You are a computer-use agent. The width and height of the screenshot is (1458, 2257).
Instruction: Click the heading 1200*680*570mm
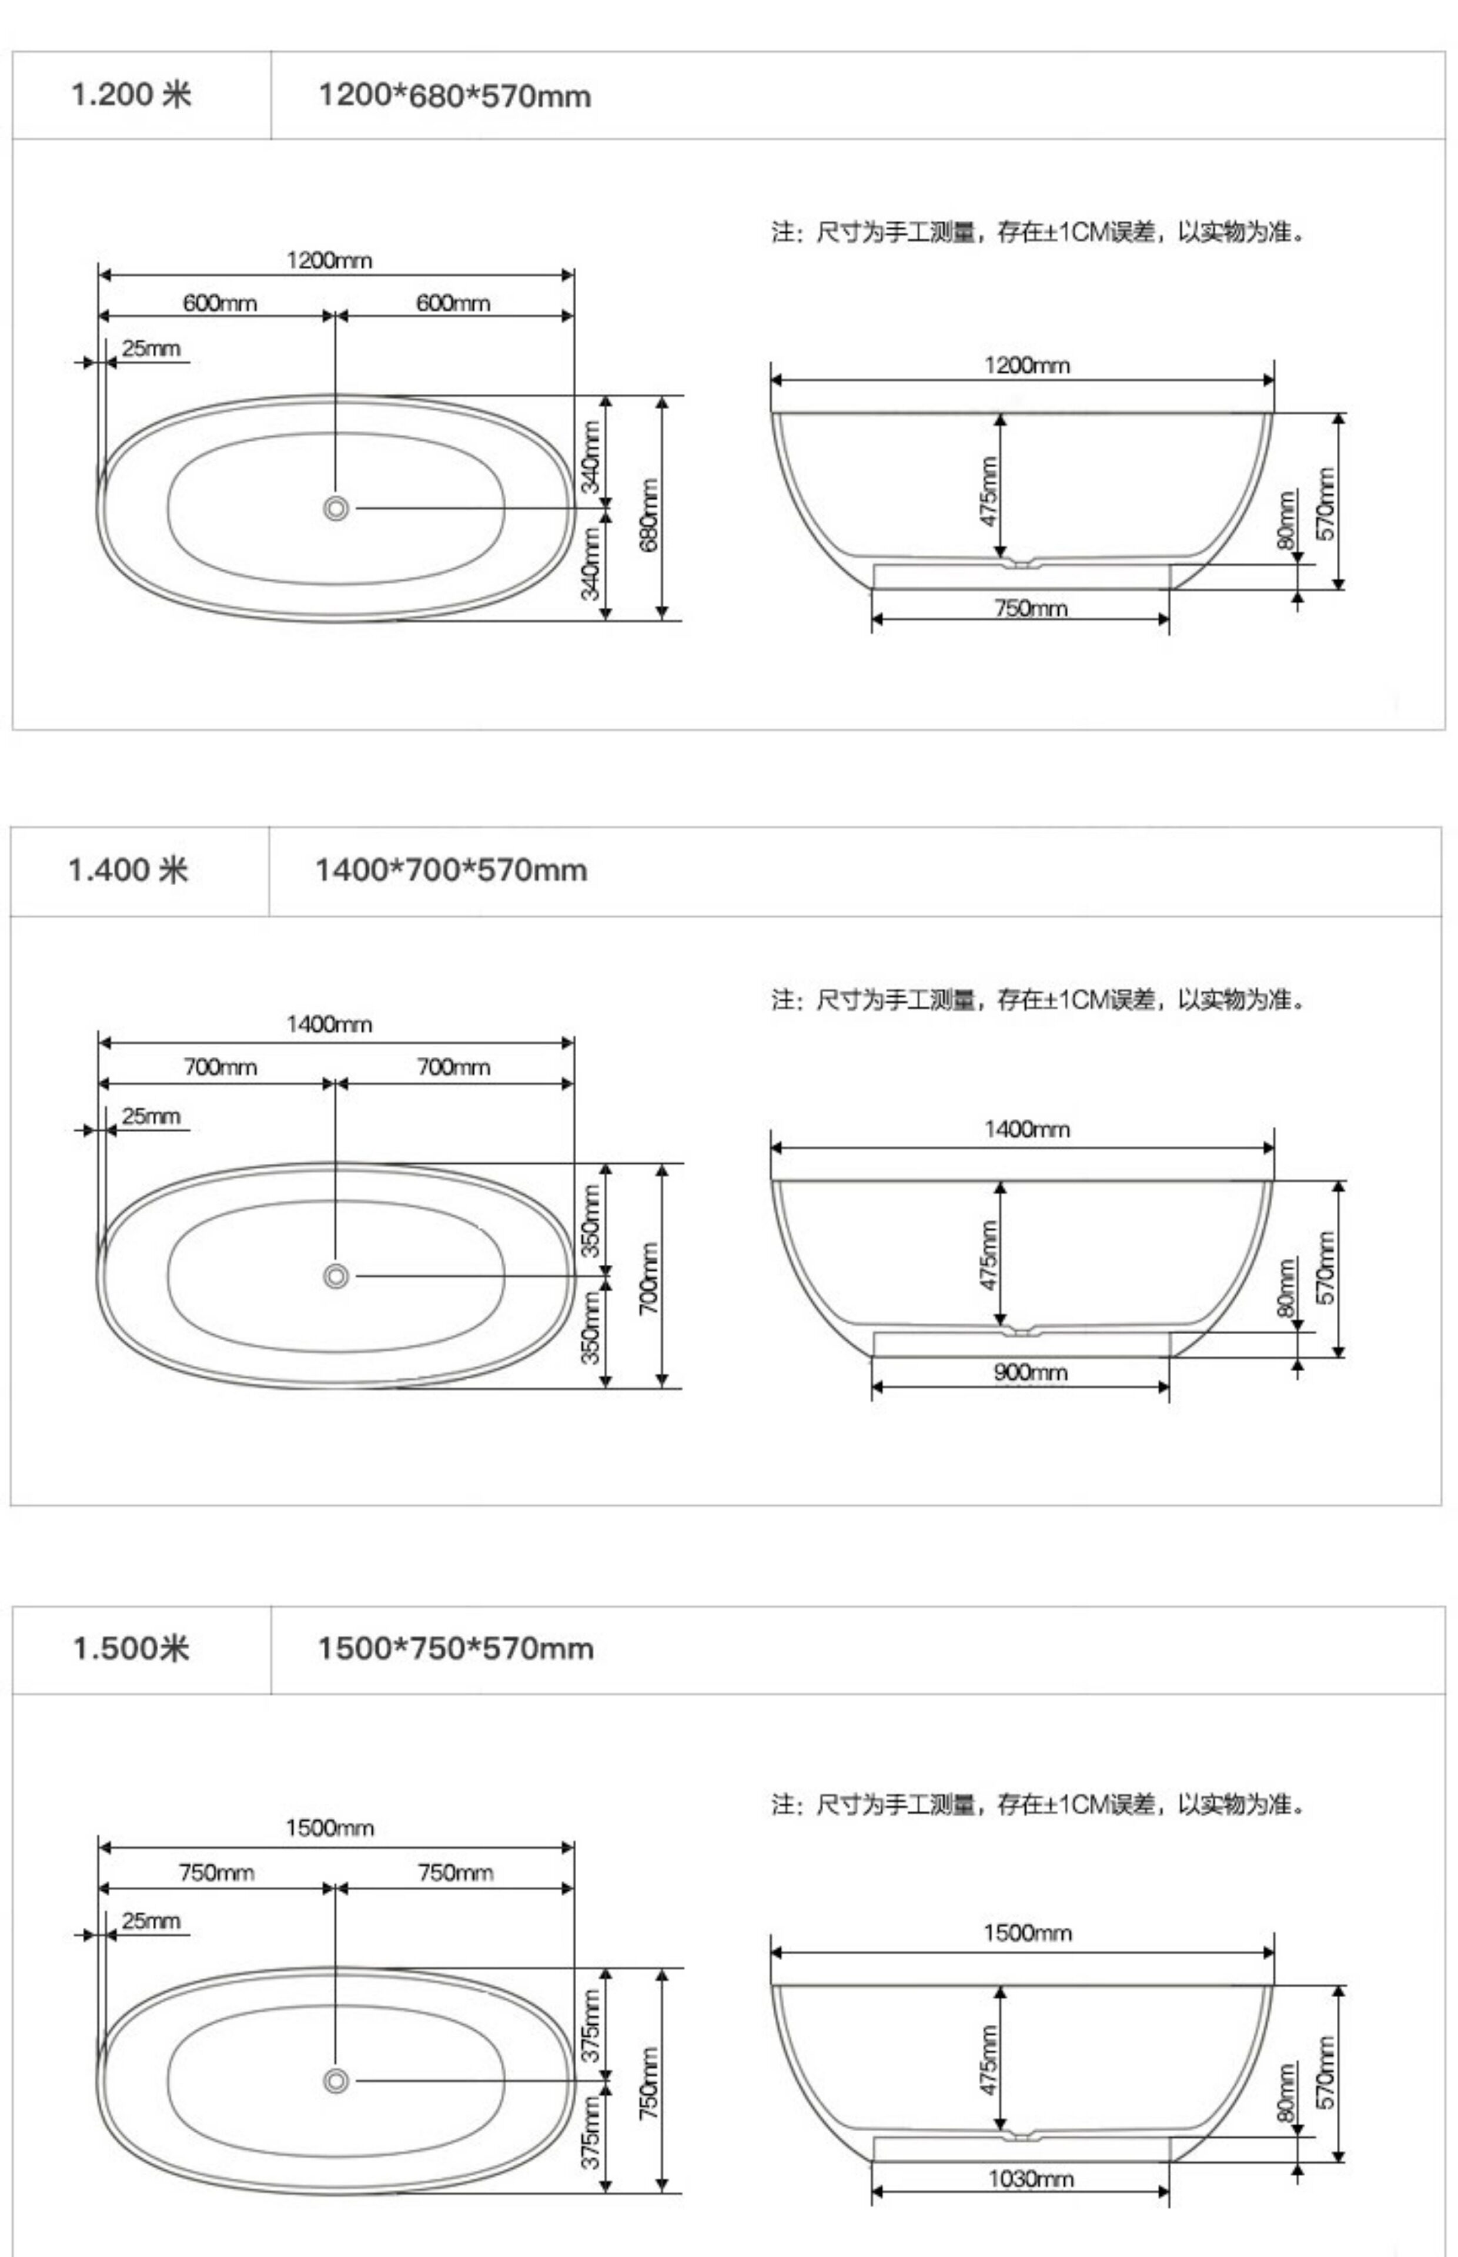(x=454, y=96)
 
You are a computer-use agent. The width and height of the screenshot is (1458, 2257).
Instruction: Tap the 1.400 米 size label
(x=128, y=870)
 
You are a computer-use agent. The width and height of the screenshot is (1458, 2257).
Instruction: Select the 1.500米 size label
(x=131, y=1647)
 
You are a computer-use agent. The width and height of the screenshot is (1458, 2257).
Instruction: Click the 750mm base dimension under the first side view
(x=1030, y=608)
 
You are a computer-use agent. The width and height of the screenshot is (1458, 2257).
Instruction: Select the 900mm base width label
(x=1030, y=1372)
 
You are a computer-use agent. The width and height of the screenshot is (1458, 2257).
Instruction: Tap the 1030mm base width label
(x=1030, y=2178)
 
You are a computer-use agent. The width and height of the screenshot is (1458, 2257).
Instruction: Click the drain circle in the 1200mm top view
(x=335, y=508)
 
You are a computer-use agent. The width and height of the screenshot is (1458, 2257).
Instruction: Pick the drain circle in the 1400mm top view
(x=335, y=1275)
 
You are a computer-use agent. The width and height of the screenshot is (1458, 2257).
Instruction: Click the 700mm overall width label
(x=650, y=1278)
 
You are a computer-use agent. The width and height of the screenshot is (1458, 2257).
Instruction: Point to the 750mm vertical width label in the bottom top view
(x=650, y=2082)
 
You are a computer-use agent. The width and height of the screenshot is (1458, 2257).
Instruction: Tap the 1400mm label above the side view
(x=1026, y=1129)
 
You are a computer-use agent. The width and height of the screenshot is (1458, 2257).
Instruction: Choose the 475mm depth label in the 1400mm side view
(x=988, y=1255)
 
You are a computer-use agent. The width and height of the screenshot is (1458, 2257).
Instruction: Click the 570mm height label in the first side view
(x=1326, y=504)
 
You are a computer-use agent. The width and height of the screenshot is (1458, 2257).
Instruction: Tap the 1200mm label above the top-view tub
(x=329, y=260)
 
